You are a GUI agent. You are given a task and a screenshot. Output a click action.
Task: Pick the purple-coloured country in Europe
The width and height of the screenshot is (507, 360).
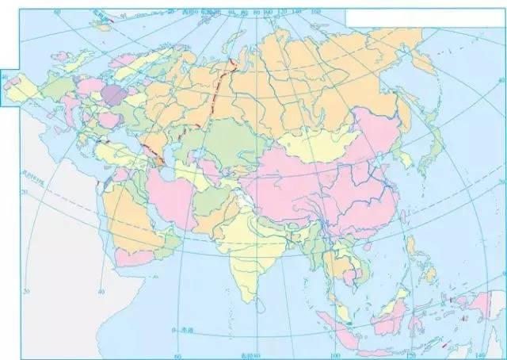(x=114, y=96)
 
